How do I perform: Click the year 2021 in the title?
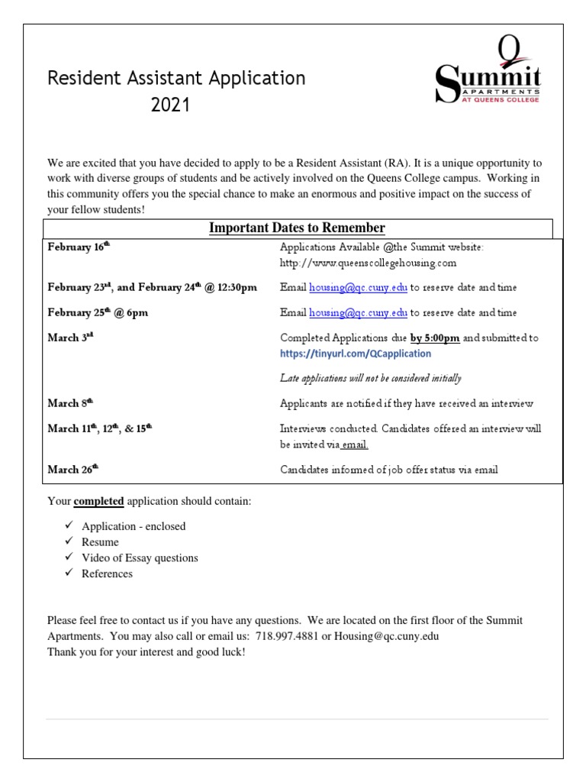point(170,105)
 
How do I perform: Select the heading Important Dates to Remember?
point(297,228)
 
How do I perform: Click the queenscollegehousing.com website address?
point(368,263)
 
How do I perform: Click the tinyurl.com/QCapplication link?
point(356,354)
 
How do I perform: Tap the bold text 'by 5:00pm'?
point(435,338)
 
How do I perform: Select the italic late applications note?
point(370,378)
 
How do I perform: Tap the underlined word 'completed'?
point(98,502)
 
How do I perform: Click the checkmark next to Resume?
point(69,542)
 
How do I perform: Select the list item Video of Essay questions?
point(140,558)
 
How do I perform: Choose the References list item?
point(107,574)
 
